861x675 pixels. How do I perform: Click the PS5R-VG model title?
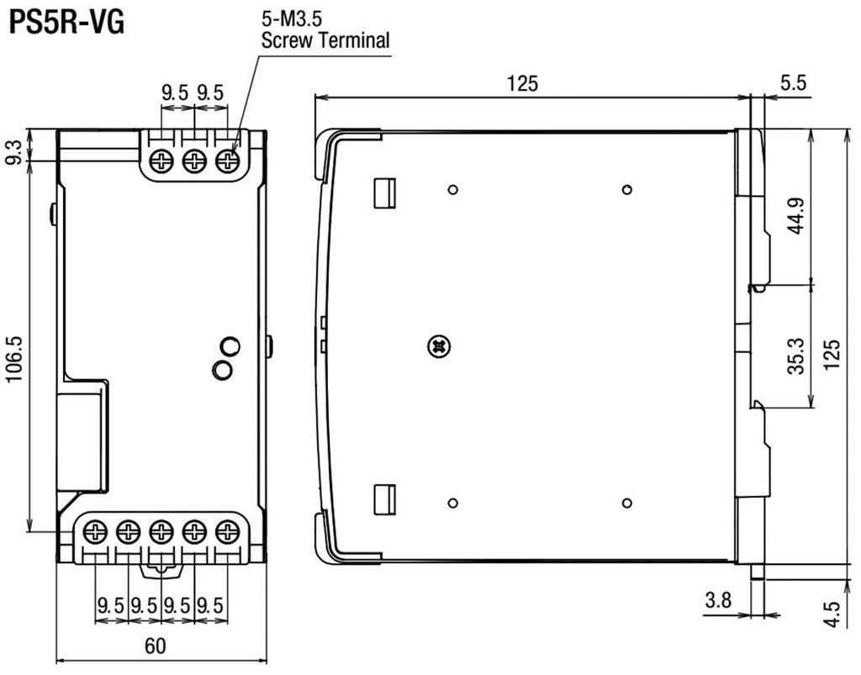(66, 22)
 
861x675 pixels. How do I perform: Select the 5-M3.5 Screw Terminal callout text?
(326, 31)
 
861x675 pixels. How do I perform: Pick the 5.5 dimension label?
(792, 83)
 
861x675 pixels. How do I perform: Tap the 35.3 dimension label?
(797, 356)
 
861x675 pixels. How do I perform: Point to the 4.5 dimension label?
(832, 611)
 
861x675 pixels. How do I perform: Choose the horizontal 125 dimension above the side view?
(522, 83)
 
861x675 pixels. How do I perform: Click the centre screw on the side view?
(438, 345)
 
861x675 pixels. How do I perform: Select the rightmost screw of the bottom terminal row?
(227, 531)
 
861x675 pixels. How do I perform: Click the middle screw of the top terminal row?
(194, 161)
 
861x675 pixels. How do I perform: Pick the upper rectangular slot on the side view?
(384, 192)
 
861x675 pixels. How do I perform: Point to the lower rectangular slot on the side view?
(384, 498)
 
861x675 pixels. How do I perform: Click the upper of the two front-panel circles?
(229, 345)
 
